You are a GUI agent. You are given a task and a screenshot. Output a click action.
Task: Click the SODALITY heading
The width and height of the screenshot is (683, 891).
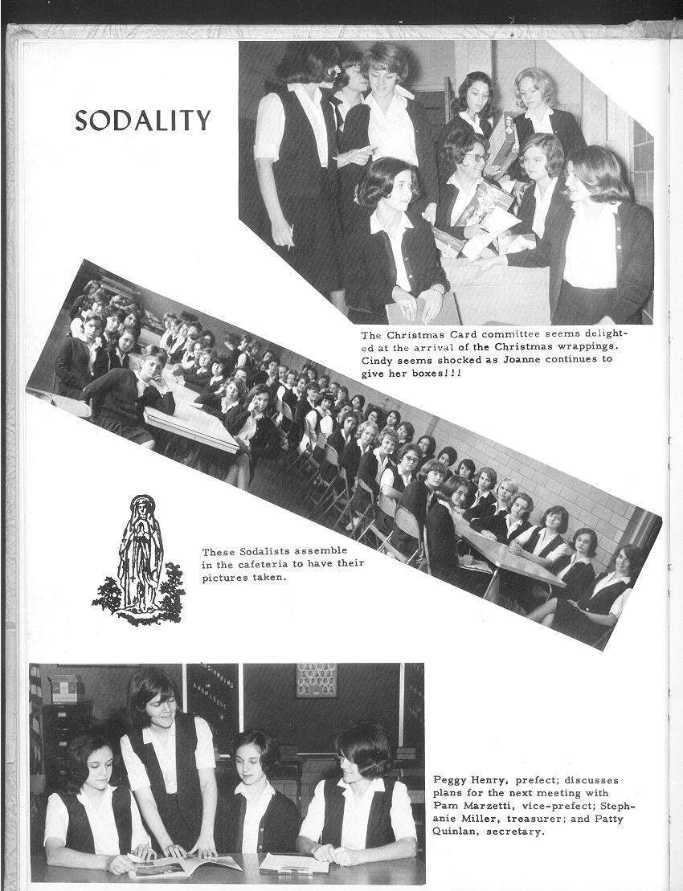point(142,120)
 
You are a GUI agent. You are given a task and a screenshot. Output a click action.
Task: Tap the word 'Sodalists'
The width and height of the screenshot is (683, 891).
point(268,552)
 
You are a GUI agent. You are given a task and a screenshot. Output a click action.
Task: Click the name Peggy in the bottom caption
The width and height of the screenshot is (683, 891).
point(452,780)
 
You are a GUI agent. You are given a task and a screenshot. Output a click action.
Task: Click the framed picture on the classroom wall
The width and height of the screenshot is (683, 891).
point(317,681)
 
